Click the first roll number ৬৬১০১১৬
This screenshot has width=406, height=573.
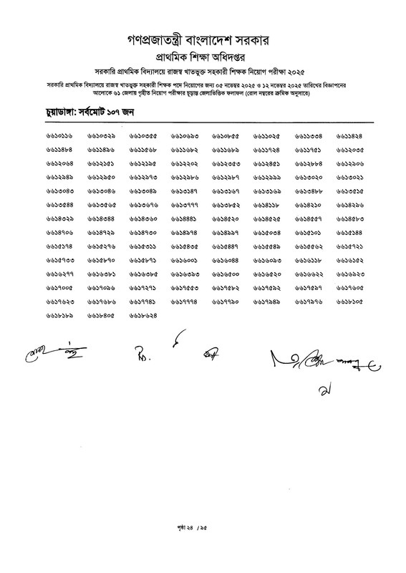(x=60, y=136)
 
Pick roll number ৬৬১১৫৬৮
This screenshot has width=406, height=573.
(x=143, y=150)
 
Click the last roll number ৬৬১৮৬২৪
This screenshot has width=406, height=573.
(x=143, y=314)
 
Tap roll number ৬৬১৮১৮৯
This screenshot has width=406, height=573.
(x=60, y=314)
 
